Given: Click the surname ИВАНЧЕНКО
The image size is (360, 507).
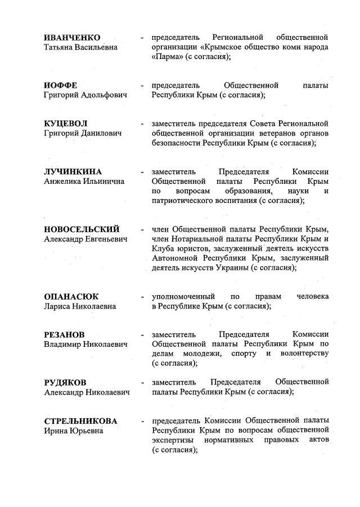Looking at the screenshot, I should (71, 37).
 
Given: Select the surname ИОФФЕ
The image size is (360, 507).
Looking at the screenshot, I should (61, 85).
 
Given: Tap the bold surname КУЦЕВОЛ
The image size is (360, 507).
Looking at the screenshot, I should (66, 123).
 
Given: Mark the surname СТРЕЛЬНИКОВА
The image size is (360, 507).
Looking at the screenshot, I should (80, 421).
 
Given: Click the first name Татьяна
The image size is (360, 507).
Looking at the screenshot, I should (61, 47).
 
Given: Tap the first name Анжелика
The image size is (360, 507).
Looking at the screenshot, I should (64, 182).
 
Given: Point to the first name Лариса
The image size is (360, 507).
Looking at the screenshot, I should (58, 306).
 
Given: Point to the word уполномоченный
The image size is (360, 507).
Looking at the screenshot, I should (183, 296).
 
